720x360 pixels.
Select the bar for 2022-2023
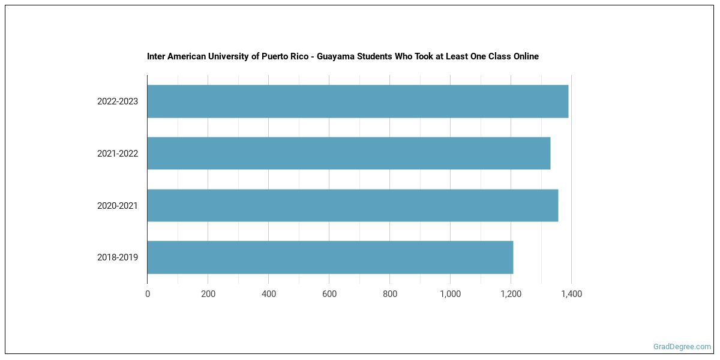(358, 101)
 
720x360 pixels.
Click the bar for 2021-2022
(349, 153)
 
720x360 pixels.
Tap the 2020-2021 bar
(353, 205)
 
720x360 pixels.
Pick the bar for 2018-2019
(330, 257)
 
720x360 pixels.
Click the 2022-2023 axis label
(118, 101)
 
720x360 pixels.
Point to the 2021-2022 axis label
(118, 154)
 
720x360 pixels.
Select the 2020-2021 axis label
(118, 206)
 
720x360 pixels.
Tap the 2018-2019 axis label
(118, 257)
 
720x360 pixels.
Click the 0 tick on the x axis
(148, 294)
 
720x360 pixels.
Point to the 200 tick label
(208, 294)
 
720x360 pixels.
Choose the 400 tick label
(269, 294)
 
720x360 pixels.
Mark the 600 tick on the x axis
(329, 294)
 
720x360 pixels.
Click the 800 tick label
(390, 294)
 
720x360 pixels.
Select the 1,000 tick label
(450, 294)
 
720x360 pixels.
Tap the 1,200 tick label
(511, 294)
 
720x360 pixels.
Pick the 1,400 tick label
(571, 294)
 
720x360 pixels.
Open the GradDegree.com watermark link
(682, 347)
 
